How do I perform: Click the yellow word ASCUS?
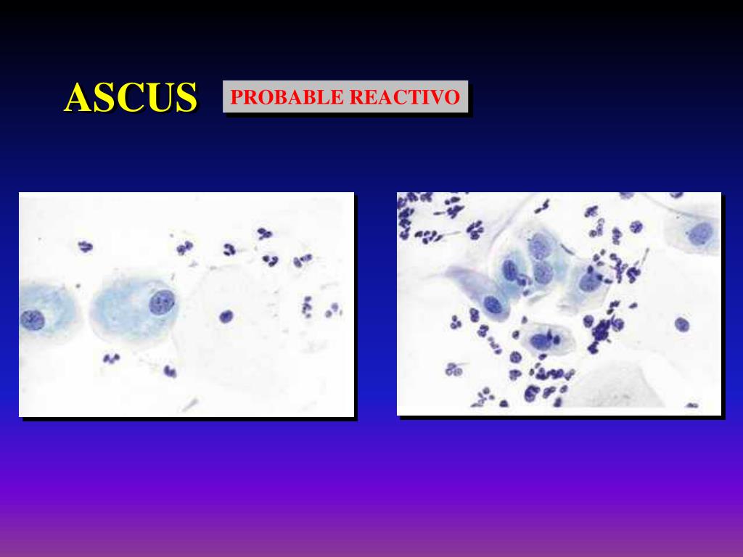131,98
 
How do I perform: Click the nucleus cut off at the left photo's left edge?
30,319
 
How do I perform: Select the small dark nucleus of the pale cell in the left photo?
226,315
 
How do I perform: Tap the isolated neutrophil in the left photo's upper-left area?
86,247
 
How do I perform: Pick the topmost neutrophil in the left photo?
264,234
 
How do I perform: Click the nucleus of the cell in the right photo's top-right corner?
701,233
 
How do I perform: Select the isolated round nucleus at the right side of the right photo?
681,324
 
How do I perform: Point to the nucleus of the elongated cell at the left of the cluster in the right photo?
493,305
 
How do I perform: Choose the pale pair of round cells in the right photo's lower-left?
455,369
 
